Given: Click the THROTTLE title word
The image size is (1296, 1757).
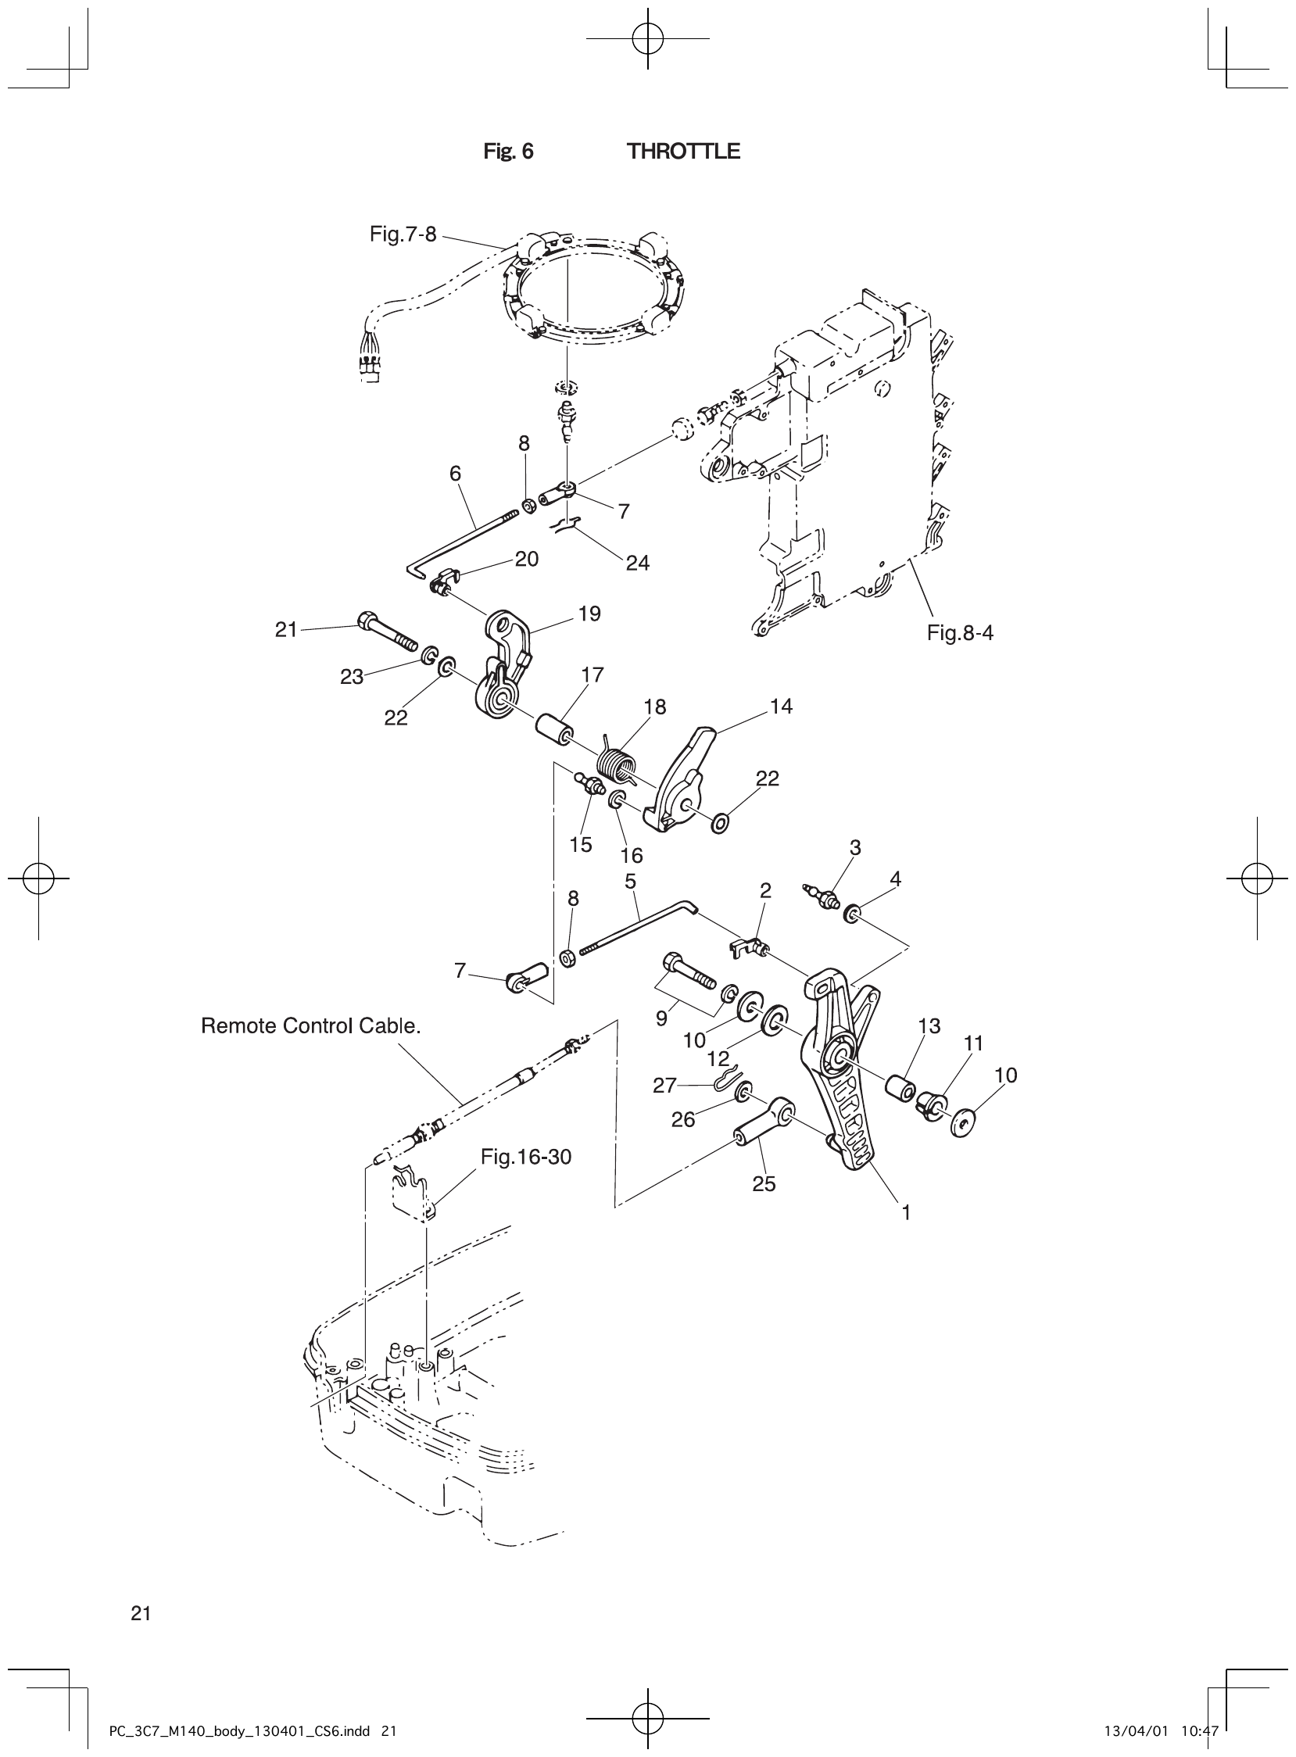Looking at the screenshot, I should click(683, 152).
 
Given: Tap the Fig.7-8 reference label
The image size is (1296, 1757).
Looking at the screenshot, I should click(403, 234).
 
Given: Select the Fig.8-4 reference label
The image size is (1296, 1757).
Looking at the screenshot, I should click(959, 633).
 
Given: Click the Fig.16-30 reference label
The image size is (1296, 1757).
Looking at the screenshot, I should click(525, 1157).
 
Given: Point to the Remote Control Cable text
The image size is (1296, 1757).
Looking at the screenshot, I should click(310, 1026).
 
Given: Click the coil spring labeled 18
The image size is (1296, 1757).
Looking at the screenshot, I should click(615, 764).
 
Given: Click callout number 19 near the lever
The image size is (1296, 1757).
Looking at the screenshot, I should click(589, 614).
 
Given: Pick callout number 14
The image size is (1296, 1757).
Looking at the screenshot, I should click(781, 707).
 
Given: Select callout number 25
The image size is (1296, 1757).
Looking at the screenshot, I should click(764, 1184).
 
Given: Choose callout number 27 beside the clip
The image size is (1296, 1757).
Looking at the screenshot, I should click(664, 1086).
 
